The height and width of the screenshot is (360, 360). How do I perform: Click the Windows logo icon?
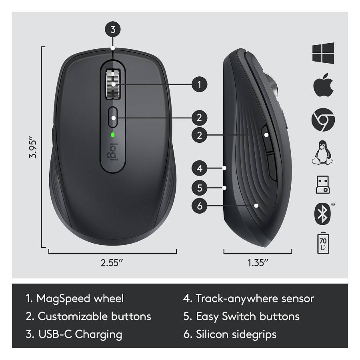323,53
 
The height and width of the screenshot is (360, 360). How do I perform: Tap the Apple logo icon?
323,85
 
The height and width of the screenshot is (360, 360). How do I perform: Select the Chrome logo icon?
323,120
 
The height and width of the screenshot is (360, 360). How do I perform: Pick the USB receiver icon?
323,184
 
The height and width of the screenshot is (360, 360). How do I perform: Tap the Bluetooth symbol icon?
322,213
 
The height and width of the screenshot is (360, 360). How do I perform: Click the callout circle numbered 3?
113,29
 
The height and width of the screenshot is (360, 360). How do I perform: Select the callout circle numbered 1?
199,84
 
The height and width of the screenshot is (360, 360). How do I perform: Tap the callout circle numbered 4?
199,168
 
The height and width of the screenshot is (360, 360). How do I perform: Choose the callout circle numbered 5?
199,187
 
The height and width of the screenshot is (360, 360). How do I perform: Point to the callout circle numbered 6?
199,206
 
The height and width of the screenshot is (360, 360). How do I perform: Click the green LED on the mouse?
113,134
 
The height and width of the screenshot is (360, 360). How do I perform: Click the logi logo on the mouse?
113,153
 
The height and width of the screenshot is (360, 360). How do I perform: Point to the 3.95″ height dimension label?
33,148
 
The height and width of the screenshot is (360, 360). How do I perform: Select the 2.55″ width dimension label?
112,263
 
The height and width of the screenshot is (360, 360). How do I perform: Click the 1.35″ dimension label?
258,263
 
